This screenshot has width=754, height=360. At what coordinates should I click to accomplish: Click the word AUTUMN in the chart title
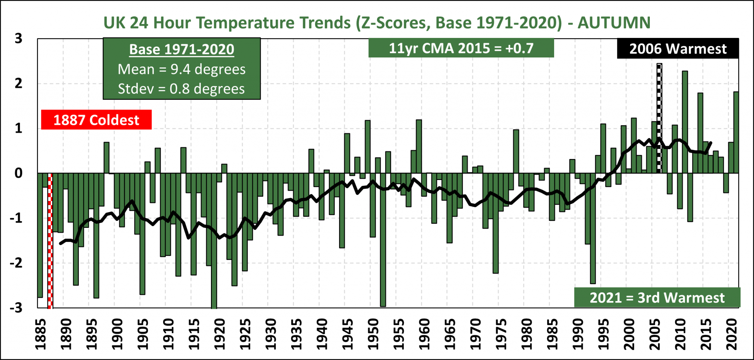614,22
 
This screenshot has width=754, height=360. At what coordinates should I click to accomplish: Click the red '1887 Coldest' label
96,120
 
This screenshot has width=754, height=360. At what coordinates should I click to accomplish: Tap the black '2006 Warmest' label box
677,49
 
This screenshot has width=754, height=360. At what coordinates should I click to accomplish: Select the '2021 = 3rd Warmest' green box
657,297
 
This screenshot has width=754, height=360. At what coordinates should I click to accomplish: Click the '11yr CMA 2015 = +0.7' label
461,48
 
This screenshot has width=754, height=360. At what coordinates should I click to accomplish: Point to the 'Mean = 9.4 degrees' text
182,69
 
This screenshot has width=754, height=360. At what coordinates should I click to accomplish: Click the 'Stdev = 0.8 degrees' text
181,89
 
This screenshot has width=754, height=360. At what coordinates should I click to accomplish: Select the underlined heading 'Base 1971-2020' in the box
182,49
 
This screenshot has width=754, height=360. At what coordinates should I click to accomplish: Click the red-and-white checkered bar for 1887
50,239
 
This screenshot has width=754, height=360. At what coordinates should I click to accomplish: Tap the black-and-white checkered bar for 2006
659,118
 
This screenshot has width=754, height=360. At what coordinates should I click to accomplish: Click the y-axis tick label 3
18,38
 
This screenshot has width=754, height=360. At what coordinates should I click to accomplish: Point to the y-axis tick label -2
16,263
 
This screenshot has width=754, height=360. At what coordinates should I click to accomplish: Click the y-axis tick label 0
18,173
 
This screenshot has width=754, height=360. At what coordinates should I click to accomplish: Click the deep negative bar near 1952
383,239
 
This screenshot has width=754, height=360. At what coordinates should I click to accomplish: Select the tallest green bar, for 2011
685,121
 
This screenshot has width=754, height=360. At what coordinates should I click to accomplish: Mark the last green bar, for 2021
736,133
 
